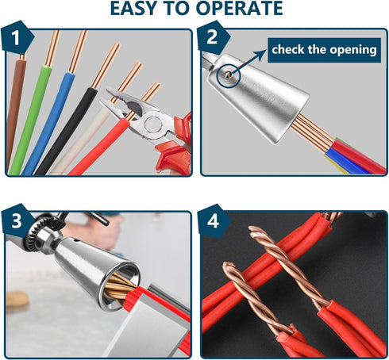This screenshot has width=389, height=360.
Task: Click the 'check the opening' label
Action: [324, 50]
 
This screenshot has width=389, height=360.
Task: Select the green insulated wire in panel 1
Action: [30, 119]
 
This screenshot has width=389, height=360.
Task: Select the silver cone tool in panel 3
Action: [87, 274]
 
